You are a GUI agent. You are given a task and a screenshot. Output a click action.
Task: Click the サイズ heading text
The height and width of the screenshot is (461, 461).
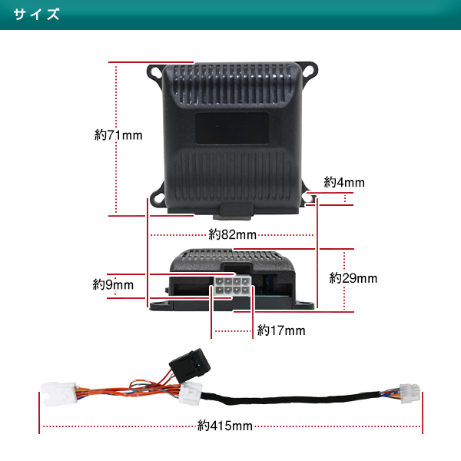(x=36, y=14)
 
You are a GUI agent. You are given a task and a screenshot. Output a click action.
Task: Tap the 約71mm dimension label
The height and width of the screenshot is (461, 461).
(x=118, y=135)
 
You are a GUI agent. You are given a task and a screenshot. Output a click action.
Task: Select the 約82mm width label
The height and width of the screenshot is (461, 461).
(x=232, y=234)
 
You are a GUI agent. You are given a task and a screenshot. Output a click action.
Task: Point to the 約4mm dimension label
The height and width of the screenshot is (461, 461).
(x=344, y=182)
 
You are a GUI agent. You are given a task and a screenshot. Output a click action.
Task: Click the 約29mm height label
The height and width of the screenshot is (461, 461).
(x=353, y=278)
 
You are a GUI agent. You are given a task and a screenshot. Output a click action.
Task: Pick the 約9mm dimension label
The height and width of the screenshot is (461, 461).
(x=113, y=284)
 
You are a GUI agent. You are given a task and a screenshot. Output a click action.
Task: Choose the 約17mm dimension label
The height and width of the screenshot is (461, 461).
(x=281, y=330)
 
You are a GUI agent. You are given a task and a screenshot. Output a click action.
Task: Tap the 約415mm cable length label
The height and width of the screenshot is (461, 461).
(x=225, y=426)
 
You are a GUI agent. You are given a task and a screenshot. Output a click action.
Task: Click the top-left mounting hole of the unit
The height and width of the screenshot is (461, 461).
(x=154, y=72)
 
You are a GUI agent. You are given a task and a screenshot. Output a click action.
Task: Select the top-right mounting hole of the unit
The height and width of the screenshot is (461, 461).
(x=309, y=70)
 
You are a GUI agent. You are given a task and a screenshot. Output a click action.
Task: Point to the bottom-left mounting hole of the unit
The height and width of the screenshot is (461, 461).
(x=158, y=197)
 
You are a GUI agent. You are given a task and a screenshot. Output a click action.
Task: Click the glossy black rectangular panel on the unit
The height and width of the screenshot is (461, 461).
(x=232, y=128)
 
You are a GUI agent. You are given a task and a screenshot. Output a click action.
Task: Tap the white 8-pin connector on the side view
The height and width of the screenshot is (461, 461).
(x=232, y=286)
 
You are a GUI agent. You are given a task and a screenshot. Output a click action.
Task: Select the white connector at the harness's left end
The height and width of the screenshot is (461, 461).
(x=59, y=393)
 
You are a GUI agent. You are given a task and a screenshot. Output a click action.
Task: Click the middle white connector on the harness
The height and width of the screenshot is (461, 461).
(x=191, y=393)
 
